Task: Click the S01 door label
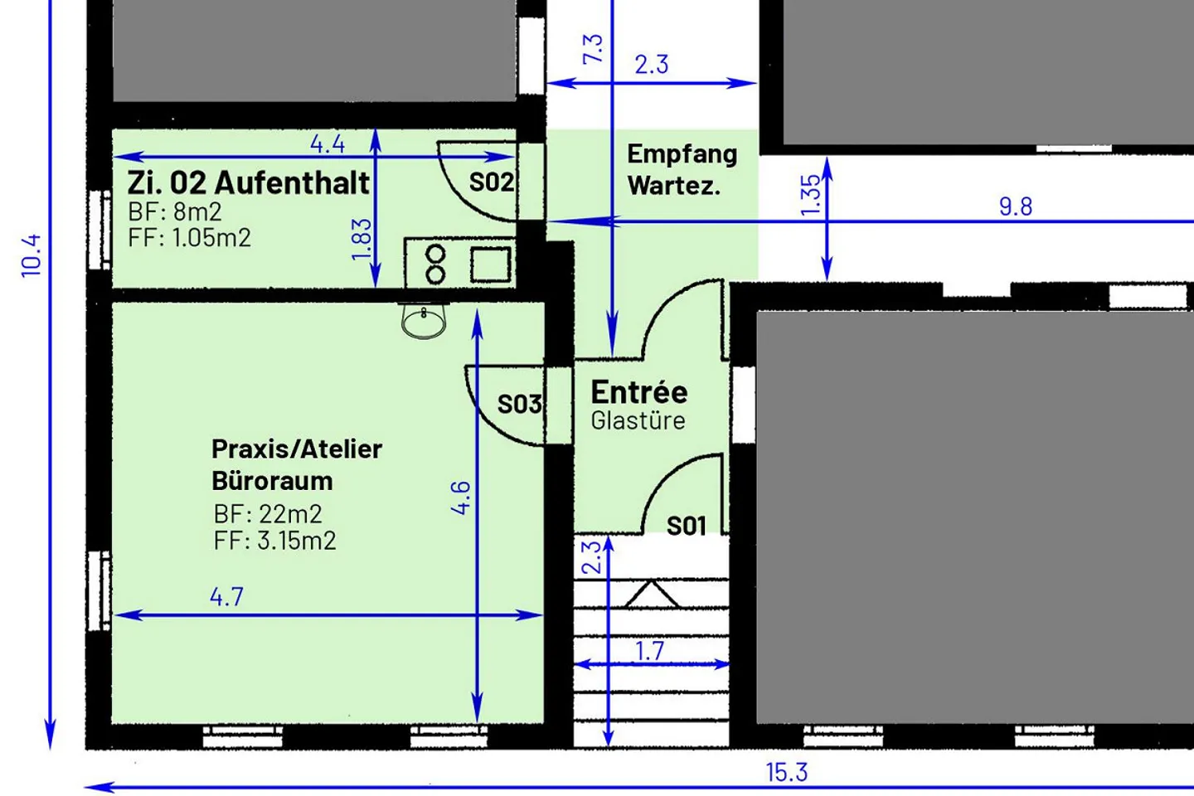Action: tap(687, 526)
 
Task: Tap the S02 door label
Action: tap(491, 182)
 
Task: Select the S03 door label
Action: tap(520, 404)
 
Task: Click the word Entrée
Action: tap(639, 391)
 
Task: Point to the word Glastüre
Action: tap(638, 420)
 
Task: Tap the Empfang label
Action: tap(682, 154)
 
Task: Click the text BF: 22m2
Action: tap(268, 514)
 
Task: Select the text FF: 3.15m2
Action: tap(274, 541)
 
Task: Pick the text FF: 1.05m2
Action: tap(189, 238)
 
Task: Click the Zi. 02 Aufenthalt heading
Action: tap(248, 182)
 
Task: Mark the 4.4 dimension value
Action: tap(328, 144)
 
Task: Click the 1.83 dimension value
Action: tap(362, 239)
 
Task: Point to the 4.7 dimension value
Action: tap(226, 597)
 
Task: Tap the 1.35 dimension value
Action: tap(811, 195)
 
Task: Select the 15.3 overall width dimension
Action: tap(786, 773)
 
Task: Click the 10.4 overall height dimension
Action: tap(31, 255)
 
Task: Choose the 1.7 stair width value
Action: tap(650, 651)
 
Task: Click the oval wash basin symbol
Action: tap(424, 321)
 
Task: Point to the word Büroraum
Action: tap(272, 481)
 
